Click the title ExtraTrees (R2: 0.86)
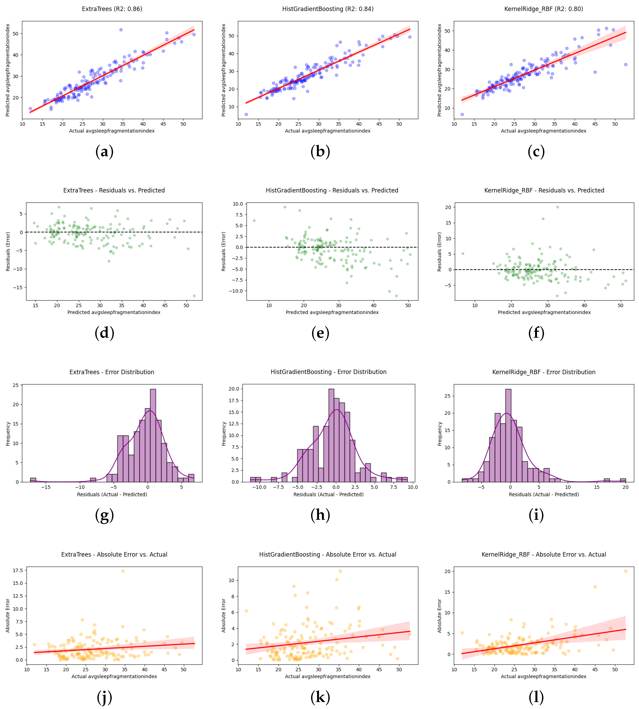[112, 9]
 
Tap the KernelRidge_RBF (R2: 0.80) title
[544, 9]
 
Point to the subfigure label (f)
[536, 333]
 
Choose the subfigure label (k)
[320, 697]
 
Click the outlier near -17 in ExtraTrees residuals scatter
[194, 296]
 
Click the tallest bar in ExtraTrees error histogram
[153, 435]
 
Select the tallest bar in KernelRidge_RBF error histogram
[508, 435]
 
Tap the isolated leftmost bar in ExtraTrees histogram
[33, 480]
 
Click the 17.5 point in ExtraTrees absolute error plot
[123, 571]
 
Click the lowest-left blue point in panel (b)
[246, 114]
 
